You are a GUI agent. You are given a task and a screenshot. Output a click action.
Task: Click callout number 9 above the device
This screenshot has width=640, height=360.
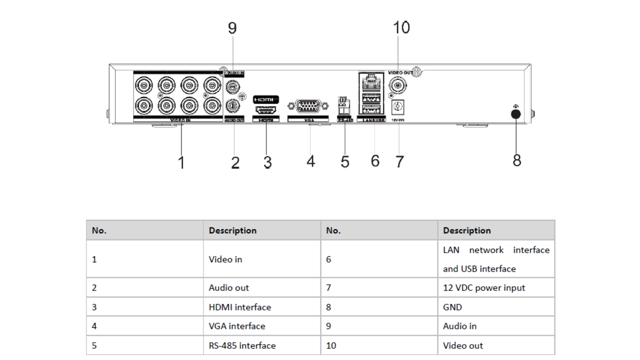click(232, 28)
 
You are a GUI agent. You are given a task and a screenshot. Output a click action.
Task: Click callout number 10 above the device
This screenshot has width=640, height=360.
click(401, 27)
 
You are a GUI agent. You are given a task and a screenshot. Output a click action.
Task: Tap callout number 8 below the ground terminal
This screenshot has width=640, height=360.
click(517, 160)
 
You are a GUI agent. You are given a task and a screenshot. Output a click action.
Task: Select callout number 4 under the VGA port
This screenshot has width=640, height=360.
click(311, 161)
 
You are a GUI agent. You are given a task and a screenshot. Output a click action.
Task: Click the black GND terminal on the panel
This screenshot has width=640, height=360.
click(516, 114)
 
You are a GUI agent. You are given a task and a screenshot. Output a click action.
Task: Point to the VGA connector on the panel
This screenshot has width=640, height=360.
click(308, 107)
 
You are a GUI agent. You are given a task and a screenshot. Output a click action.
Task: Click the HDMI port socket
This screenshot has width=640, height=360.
click(266, 110)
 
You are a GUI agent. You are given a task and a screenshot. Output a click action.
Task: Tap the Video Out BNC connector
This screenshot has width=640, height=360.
click(398, 86)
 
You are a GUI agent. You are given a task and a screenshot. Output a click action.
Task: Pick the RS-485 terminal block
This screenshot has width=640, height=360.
click(343, 106)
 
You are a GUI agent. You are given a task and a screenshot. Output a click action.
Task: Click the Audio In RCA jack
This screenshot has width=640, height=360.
click(233, 87)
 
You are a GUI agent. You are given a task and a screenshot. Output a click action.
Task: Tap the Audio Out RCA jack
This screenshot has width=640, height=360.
click(233, 106)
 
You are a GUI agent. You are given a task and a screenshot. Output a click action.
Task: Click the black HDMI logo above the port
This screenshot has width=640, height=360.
click(266, 99)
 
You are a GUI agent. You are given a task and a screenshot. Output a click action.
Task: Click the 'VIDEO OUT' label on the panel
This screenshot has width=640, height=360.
click(400, 73)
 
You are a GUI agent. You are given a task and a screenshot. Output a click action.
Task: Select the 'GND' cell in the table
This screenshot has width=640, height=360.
click(452, 307)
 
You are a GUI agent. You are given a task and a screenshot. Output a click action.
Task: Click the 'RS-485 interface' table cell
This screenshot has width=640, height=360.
click(242, 345)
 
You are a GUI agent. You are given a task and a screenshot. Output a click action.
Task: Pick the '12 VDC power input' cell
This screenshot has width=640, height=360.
click(484, 288)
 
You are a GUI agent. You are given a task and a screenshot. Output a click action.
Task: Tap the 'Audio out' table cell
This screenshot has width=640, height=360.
click(229, 288)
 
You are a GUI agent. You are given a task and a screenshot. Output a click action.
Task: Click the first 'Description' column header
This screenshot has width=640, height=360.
click(233, 230)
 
